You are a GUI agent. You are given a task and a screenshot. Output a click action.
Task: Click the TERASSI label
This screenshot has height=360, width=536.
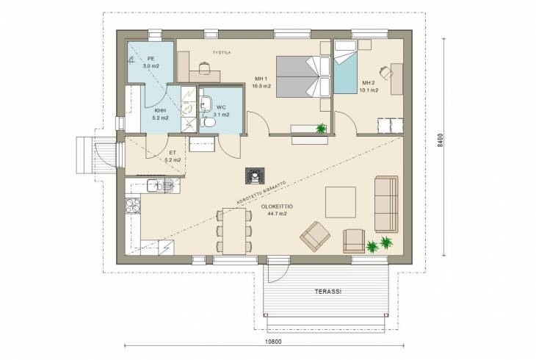(x=327, y=292)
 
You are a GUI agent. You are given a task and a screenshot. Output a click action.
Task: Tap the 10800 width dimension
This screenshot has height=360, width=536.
(x=273, y=342)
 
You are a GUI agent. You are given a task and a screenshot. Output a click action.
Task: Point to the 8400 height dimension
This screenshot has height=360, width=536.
(x=441, y=140)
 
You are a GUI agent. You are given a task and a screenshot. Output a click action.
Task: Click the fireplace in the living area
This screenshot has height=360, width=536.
(x=255, y=176)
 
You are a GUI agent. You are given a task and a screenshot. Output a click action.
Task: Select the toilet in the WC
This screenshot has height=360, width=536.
(x=208, y=122)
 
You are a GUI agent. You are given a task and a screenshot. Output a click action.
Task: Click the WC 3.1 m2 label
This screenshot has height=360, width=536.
(x=221, y=111)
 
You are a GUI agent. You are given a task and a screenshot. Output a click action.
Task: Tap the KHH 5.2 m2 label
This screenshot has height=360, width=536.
(x=160, y=115)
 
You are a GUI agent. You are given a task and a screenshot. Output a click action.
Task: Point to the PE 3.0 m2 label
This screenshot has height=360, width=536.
(x=151, y=62)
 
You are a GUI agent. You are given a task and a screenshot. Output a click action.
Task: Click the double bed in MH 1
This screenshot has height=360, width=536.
(x=303, y=76)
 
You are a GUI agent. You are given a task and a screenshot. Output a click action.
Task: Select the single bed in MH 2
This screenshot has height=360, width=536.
(x=345, y=67)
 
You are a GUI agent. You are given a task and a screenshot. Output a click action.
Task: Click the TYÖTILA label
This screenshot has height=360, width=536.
(x=222, y=53)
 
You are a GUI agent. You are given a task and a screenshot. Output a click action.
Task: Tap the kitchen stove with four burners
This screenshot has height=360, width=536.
(x=133, y=206)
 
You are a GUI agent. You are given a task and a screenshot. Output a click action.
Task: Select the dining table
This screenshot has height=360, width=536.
(x=234, y=231)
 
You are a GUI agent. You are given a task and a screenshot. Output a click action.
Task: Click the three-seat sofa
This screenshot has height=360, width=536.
(x=387, y=204)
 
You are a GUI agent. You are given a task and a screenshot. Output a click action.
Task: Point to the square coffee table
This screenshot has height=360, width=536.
(x=341, y=202)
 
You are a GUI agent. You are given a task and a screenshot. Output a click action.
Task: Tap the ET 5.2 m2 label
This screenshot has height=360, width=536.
(x=173, y=156)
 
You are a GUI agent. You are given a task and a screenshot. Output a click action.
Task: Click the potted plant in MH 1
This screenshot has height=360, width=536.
(x=321, y=129)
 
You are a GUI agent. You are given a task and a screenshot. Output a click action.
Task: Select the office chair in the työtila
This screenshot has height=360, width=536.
(x=204, y=68)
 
